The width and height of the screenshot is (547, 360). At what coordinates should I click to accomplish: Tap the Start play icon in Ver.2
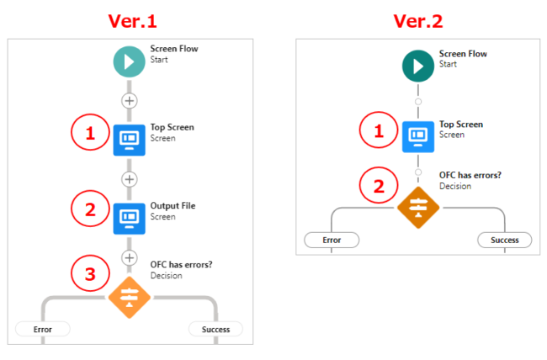pyautogui.click(x=418, y=66)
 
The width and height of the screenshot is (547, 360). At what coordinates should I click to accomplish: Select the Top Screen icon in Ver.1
pyautogui.click(x=129, y=139)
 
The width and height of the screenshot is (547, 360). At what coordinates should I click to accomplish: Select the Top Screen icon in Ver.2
pyautogui.click(x=418, y=135)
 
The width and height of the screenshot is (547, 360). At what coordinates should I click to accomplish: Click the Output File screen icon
pyautogui.click(x=129, y=218)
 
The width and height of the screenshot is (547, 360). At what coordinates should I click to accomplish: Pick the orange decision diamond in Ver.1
pyautogui.click(x=129, y=295)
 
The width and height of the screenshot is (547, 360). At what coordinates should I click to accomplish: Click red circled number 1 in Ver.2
pyautogui.click(x=378, y=130)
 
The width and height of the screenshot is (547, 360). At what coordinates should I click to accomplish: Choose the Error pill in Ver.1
pyautogui.click(x=42, y=329)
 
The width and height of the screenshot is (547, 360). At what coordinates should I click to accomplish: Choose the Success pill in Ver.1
pyautogui.click(x=215, y=329)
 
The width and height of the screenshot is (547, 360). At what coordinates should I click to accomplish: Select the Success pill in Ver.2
pyautogui.click(x=505, y=241)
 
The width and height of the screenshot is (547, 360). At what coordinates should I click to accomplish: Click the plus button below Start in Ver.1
pyautogui.click(x=129, y=100)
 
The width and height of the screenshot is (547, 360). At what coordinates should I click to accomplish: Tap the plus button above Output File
pyautogui.click(x=129, y=179)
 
